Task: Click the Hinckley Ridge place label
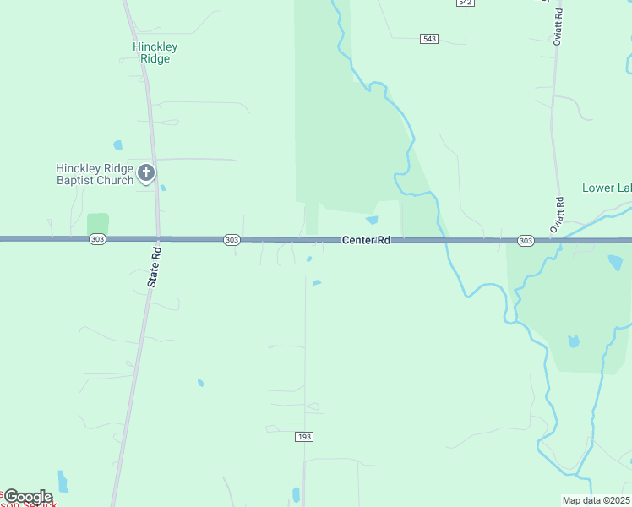point(155,52)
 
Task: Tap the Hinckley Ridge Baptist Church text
point(95,174)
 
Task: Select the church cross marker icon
point(146,174)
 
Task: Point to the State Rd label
point(153,267)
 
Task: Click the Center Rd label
point(366,241)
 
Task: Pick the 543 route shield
point(429,39)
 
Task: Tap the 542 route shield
point(465,3)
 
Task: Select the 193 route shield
point(304,436)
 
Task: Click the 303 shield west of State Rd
point(96,240)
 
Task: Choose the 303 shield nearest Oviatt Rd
point(526,241)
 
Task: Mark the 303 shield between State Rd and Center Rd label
point(232,240)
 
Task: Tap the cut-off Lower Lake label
point(607,188)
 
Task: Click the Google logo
point(28,497)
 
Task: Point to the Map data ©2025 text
point(597,500)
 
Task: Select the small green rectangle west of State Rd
point(98,225)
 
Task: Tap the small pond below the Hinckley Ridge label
point(117,144)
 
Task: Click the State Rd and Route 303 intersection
point(158,240)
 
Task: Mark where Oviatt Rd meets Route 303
point(553,241)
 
